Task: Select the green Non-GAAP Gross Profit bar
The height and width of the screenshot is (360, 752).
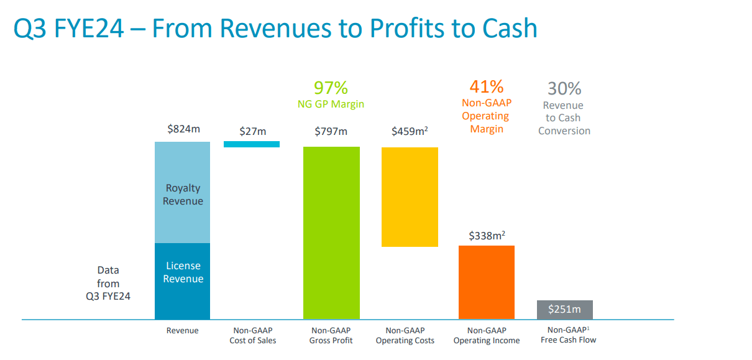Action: (331, 233)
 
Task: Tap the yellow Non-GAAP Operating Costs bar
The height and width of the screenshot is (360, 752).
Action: (410, 196)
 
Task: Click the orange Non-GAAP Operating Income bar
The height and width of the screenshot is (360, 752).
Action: (487, 282)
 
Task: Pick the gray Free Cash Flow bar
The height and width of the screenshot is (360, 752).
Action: (564, 310)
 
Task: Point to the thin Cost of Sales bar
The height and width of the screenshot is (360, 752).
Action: (252, 144)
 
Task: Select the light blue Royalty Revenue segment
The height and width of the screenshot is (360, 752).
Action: (183, 193)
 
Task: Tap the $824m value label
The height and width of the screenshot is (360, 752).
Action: (183, 129)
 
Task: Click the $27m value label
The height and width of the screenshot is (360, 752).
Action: (252, 131)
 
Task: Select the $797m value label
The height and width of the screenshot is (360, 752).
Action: (331, 131)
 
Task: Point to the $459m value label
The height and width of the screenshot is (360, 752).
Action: (410, 131)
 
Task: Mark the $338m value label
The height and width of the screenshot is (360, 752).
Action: (487, 236)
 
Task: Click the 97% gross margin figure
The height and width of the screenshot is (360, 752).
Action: (331, 88)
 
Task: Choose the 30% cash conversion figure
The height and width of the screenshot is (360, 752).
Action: (564, 88)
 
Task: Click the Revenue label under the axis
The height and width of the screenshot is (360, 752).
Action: (183, 331)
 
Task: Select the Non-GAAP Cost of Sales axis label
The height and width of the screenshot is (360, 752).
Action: (253, 335)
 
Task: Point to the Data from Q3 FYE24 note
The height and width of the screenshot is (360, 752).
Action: (108, 284)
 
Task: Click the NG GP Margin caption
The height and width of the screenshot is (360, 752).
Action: (331, 104)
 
